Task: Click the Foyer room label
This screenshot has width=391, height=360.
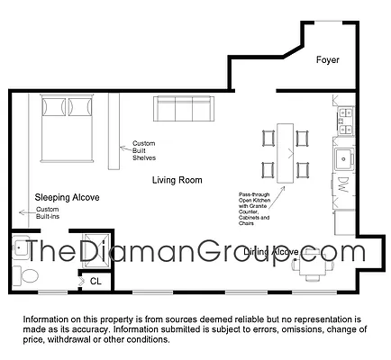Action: click(327, 61)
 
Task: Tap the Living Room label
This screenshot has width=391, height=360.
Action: click(176, 180)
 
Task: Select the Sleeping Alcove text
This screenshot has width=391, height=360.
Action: click(67, 196)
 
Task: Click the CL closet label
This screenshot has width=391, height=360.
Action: click(96, 282)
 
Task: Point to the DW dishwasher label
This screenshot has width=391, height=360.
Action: click(343, 188)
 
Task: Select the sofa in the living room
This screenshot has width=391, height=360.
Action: click(183, 110)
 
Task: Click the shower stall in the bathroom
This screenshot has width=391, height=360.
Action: click(93, 248)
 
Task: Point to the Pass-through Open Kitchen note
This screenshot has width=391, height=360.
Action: click(258, 208)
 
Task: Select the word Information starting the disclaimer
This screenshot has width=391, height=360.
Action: click(45, 320)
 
